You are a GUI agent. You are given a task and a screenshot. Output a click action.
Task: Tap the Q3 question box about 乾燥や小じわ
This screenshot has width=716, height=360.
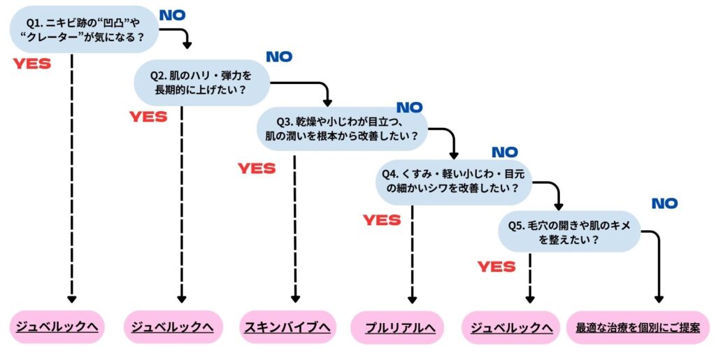(x=342, y=128)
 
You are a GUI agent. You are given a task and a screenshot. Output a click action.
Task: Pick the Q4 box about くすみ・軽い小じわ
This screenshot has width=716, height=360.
(x=452, y=180)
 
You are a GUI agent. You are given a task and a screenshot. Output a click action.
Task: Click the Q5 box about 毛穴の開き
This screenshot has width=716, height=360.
(x=569, y=231)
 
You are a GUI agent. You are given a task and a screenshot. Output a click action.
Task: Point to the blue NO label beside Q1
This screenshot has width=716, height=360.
(x=172, y=15)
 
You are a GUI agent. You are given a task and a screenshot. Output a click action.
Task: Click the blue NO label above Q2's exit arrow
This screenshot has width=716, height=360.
(x=279, y=57)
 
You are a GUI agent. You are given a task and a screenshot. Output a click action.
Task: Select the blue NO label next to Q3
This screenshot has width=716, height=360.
(x=410, y=108)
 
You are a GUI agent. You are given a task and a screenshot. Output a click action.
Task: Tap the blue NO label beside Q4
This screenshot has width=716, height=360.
(x=505, y=152)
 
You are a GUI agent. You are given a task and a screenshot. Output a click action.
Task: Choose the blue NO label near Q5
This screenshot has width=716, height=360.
(x=664, y=203)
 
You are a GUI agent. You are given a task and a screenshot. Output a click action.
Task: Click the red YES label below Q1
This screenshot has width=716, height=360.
(x=32, y=64)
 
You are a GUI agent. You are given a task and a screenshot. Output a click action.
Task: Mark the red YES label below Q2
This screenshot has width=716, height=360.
(x=148, y=117)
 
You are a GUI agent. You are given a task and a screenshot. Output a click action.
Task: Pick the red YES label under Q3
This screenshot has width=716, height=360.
(x=257, y=168)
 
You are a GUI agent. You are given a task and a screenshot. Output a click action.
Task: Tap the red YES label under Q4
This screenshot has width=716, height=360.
(x=382, y=220)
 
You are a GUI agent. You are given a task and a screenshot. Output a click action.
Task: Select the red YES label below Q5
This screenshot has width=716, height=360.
(x=496, y=266)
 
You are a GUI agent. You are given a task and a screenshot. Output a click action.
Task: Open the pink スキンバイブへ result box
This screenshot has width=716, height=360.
(x=287, y=326)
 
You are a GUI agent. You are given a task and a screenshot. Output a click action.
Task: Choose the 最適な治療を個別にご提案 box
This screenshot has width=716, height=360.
(x=637, y=327)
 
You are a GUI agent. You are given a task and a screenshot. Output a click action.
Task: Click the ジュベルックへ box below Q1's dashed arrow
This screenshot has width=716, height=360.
(x=57, y=326)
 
